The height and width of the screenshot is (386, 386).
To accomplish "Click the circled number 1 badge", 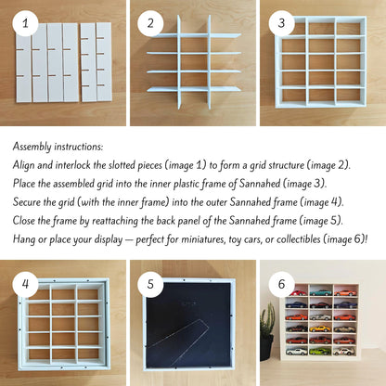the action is click(x=25, y=23).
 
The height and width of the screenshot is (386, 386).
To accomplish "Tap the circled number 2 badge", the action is click(x=150, y=23).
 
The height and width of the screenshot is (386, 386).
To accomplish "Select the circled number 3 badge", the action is click(x=281, y=23).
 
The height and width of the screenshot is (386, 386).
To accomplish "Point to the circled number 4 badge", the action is click(x=25, y=284).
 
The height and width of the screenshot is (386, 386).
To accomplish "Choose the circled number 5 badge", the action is click(x=150, y=284).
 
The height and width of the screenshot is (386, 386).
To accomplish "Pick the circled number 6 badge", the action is click(x=281, y=284).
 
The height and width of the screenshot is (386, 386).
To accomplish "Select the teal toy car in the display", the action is click(x=321, y=292).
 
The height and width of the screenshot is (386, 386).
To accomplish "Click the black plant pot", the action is click(x=266, y=347).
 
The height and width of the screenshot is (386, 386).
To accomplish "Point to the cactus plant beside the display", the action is click(x=267, y=318).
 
